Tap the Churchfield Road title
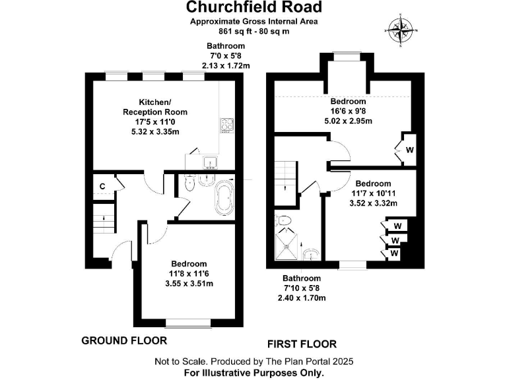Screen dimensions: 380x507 [x=253, y=7]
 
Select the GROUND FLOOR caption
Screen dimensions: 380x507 [x=123, y=340]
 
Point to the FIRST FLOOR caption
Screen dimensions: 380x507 [x=302, y=344]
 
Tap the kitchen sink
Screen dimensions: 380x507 [x=211, y=162]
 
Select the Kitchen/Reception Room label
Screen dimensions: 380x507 [x=155, y=107]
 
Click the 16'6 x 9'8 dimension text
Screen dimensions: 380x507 [x=348, y=111]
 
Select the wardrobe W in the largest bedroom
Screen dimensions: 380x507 [x=409, y=150]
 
